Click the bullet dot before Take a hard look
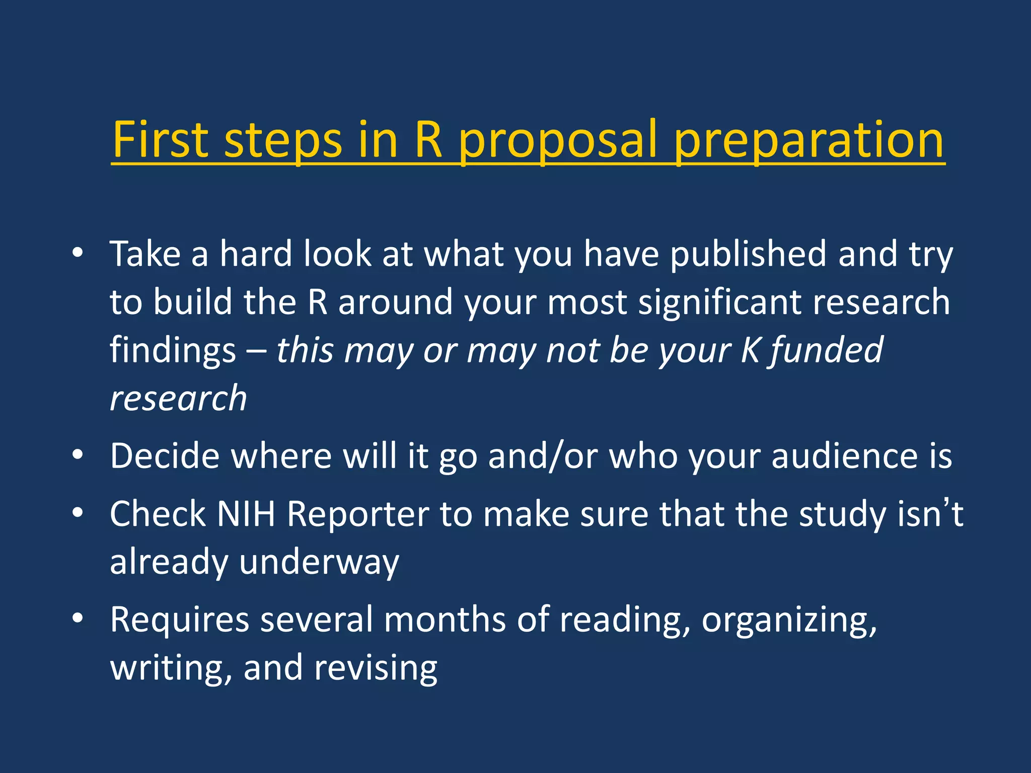[x=77, y=253]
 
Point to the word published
[x=748, y=254]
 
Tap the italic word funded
[x=826, y=350]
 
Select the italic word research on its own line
[x=178, y=398]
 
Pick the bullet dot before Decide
[x=77, y=455]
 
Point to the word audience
[x=845, y=456]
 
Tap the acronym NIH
[x=246, y=514]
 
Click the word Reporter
[x=358, y=514]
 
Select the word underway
[x=319, y=562]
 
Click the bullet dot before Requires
[x=77, y=619]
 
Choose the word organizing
[x=788, y=621]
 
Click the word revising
[x=376, y=668]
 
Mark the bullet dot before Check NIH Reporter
[x=77, y=513]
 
